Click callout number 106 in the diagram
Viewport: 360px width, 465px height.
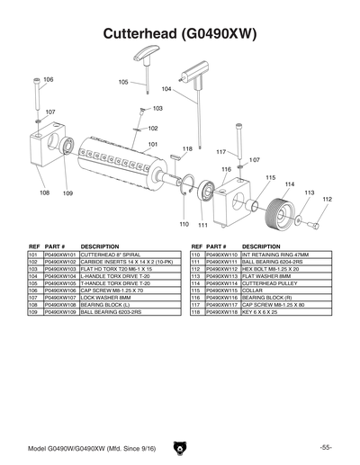coord(49,80)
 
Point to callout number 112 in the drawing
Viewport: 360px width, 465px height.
coord(327,200)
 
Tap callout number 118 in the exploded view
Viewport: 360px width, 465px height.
coord(187,148)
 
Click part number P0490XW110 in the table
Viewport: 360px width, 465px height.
coord(222,255)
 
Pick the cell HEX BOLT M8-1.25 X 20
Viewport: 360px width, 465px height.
coord(274,269)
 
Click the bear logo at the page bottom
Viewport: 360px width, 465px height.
coord(179,447)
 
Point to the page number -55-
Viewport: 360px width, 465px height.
coord(326,447)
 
